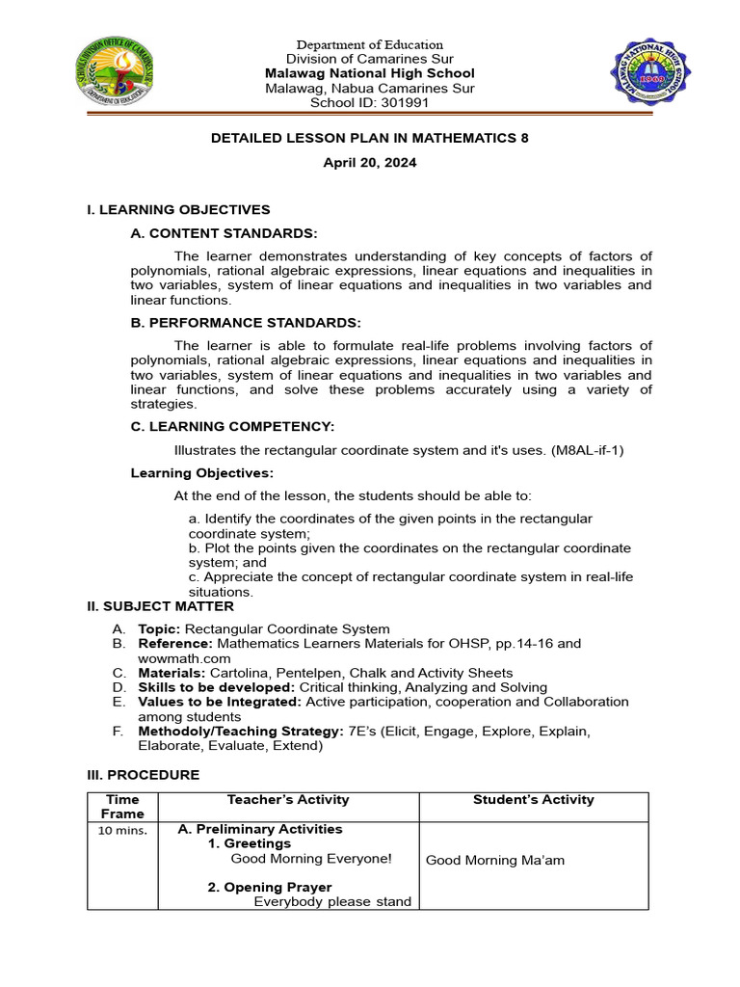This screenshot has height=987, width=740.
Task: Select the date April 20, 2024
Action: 370,163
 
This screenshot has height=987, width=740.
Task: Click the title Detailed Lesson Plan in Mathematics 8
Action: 370,138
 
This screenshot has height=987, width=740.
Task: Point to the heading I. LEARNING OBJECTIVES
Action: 178,209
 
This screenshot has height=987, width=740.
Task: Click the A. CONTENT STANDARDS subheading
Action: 224,233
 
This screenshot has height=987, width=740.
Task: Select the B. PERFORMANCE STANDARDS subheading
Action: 246,322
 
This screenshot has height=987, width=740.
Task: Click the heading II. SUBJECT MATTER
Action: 160,606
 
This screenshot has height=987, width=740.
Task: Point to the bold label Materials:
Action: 170,673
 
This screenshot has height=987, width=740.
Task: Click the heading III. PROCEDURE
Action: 144,775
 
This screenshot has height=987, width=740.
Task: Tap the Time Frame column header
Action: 122,807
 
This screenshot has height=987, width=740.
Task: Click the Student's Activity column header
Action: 533,800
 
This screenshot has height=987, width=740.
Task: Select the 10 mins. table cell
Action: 122,831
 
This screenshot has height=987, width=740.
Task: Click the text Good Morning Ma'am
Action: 486,860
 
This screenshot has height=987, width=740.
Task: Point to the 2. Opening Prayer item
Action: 270,887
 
